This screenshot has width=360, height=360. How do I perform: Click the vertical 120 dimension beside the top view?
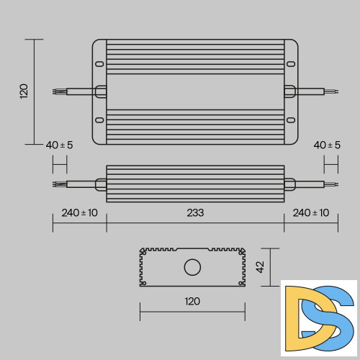24,91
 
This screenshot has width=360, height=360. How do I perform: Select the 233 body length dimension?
195,212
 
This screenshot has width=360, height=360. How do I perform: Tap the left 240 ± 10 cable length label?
79,212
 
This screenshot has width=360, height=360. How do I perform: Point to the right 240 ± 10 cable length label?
311,212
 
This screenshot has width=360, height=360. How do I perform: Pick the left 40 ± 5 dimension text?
59,145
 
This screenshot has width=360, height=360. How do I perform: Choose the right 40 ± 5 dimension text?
328,145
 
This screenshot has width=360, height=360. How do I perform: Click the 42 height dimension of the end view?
261,266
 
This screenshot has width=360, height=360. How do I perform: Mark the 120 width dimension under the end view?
192,301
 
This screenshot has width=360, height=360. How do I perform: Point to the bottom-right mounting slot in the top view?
291,120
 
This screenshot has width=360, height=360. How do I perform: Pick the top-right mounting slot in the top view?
291,63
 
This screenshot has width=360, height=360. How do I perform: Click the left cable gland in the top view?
100,91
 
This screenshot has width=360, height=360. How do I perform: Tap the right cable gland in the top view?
289,91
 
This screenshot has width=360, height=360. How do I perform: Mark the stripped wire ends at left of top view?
58,91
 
